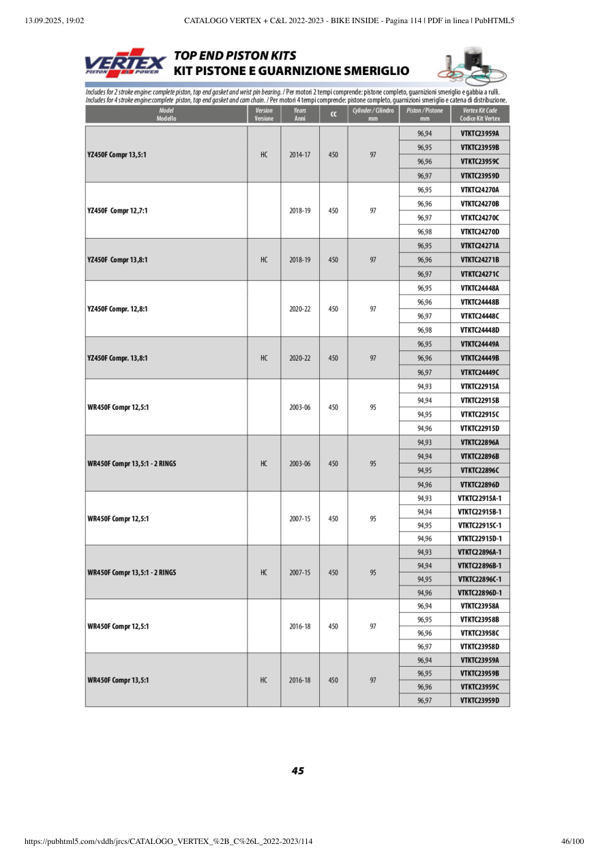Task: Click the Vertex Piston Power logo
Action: tap(125, 63)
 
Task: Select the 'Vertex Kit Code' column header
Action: tap(479, 115)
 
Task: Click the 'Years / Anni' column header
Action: tap(299, 115)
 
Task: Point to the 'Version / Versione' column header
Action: tap(263, 115)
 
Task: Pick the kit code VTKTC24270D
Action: tap(479, 232)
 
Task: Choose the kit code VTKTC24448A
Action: tap(479, 288)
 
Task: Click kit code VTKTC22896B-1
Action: tap(479, 566)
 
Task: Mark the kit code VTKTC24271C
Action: tap(479, 274)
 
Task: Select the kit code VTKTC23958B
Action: tap(479, 620)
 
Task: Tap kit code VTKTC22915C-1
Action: tap(479, 526)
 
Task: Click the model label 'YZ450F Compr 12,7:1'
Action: tap(118, 211)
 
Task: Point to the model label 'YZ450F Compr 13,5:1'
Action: tap(117, 155)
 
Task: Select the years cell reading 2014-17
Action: tap(299, 155)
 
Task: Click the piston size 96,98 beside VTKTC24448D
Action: tap(424, 330)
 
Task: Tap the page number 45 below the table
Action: tap(298, 771)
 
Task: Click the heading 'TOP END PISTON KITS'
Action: tap(235, 56)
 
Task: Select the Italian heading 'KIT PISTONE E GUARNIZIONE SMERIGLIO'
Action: tap(291, 71)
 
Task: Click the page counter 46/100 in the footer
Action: tap(572, 842)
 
